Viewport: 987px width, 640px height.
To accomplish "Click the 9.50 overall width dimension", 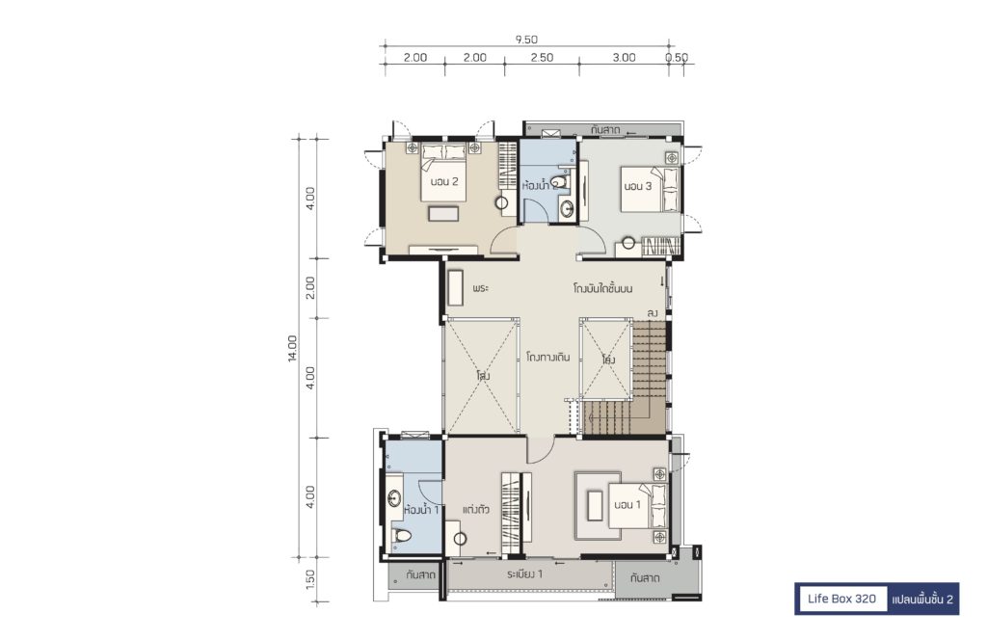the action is [x=526, y=39].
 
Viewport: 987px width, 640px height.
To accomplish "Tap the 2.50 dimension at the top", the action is [x=542, y=57].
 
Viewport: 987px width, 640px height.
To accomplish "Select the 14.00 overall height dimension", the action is [x=292, y=348].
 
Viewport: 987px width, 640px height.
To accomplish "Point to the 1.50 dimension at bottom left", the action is [x=309, y=579].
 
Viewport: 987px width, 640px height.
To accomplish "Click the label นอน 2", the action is [x=443, y=182].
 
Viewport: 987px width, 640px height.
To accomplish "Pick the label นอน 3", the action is [x=638, y=186].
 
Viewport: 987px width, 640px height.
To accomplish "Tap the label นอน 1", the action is [x=627, y=505].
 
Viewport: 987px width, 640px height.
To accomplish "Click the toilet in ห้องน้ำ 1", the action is [x=400, y=536].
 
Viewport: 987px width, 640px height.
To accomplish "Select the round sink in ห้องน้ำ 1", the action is [x=394, y=499].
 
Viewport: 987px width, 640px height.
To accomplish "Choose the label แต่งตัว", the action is [x=476, y=509].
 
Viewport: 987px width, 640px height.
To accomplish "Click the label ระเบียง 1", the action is [x=524, y=573].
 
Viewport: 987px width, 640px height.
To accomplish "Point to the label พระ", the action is [x=480, y=288].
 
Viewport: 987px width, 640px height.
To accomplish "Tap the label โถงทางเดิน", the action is [x=547, y=357].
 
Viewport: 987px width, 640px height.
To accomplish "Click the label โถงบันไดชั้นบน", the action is [x=602, y=289].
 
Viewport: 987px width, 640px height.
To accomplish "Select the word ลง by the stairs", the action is [x=653, y=312].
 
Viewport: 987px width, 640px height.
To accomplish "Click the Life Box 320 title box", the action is [x=841, y=599].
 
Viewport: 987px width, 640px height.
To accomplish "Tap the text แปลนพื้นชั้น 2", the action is [x=922, y=600].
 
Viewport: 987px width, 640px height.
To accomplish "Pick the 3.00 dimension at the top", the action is [x=624, y=57].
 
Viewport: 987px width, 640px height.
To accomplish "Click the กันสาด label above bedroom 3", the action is [x=605, y=130].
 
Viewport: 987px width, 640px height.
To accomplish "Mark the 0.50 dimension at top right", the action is [x=677, y=57].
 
